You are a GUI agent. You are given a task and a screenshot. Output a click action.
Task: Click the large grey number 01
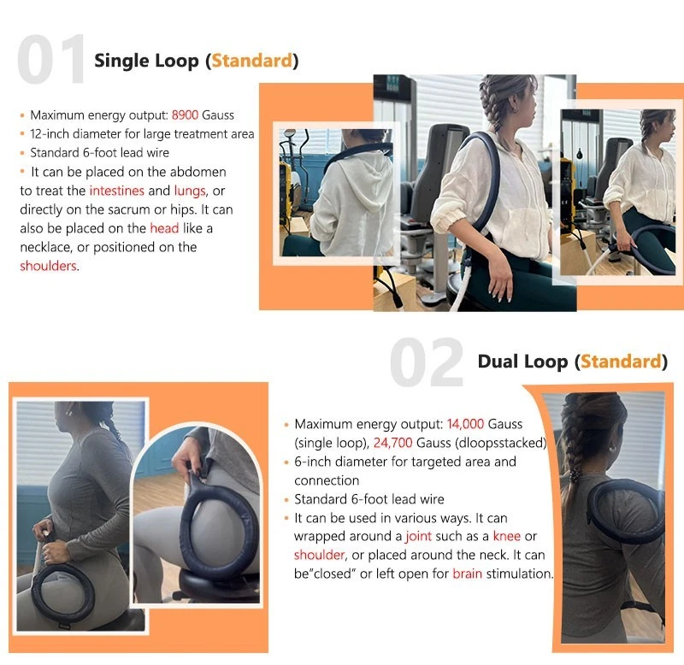pyautogui.click(x=51, y=59)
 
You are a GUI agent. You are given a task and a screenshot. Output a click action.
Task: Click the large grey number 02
pyautogui.click(x=426, y=362)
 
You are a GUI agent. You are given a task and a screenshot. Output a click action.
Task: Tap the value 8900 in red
pyautogui.click(x=185, y=115)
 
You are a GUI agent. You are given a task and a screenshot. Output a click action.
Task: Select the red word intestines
pyautogui.click(x=117, y=191)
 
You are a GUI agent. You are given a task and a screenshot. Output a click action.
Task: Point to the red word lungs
pyautogui.click(x=190, y=191)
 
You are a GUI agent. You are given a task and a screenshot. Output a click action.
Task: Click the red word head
pyautogui.click(x=164, y=228)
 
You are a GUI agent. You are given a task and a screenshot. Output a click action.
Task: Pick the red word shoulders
pyautogui.click(x=49, y=266)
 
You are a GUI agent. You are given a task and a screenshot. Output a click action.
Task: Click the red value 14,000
pyautogui.click(x=465, y=424)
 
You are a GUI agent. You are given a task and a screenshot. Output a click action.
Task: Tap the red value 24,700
pyautogui.click(x=392, y=443)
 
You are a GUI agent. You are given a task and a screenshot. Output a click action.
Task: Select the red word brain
pyautogui.click(x=467, y=574)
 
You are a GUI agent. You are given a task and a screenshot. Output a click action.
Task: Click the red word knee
pyautogui.click(x=506, y=536)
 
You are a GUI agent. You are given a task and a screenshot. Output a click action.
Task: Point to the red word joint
pyautogui.click(x=419, y=537)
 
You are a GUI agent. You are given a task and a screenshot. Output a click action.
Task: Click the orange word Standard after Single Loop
pyautogui.click(x=252, y=60)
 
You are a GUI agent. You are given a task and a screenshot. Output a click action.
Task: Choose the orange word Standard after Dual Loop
pyautogui.click(x=622, y=362)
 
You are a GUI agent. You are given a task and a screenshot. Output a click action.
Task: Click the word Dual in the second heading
pyautogui.click(x=498, y=362)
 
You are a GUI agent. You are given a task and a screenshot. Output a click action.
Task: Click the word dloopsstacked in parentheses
pyautogui.click(x=501, y=443)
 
